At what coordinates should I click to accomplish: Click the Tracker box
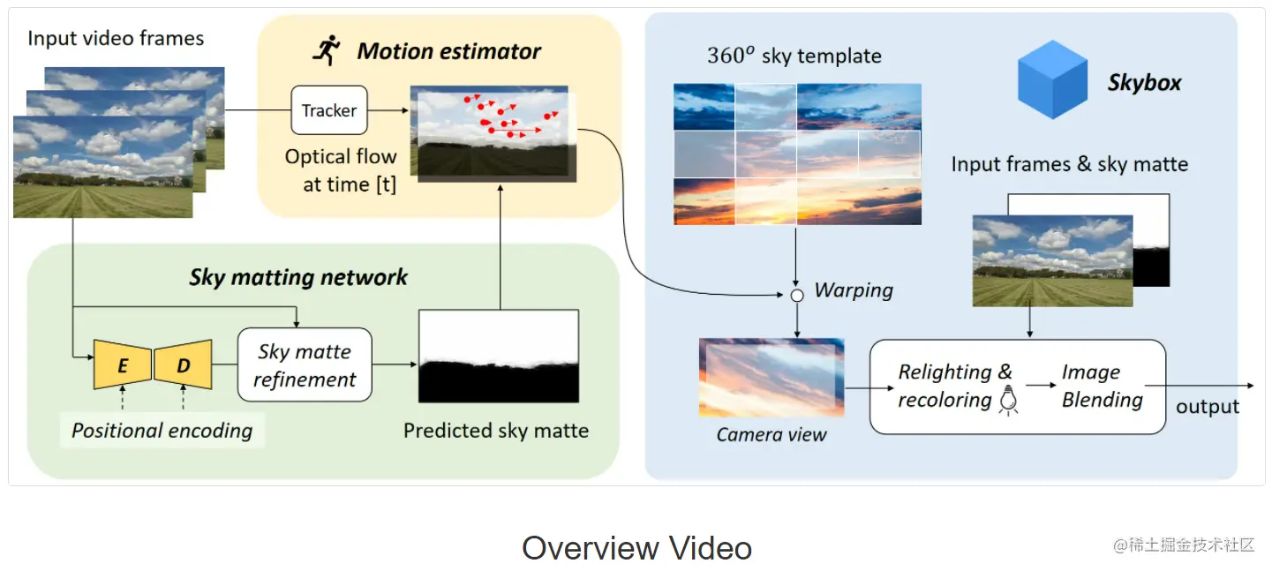coord(329,110)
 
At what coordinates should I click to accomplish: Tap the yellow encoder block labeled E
coord(123,364)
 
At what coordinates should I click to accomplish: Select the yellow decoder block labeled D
coord(184,364)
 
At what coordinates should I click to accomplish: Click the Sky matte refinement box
coord(305,364)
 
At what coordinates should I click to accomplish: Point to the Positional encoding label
coord(162,431)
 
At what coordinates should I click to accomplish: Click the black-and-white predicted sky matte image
coord(499,356)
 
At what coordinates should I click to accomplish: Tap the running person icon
coord(327,51)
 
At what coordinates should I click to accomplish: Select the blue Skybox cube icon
coord(1052,80)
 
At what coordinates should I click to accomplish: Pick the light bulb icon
coord(1007,402)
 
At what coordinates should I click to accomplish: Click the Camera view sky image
coord(771,378)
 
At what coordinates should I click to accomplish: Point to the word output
coord(1208,407)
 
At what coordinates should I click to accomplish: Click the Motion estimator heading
coord(448,51)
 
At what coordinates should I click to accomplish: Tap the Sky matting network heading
coord(298,277)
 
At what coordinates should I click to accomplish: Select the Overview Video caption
coord(636,548)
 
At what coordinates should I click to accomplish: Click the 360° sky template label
coord(794,56)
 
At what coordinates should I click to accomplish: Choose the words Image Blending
coord(1102,386)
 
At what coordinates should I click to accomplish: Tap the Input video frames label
coord(116,38)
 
